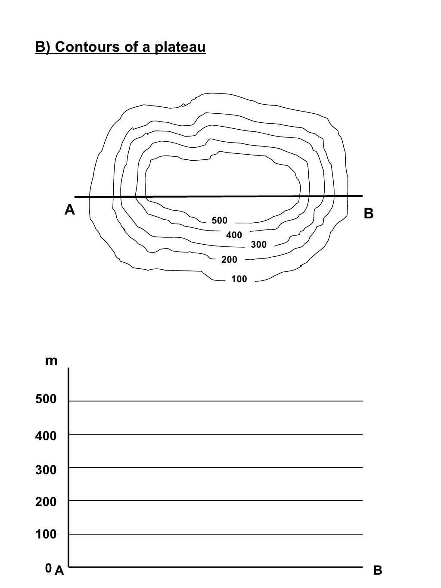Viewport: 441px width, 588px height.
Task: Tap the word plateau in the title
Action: [x=180, y=47]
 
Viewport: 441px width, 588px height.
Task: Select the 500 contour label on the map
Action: [x=219, y=221]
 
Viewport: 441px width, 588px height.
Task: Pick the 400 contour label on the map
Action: [x=234, y=235]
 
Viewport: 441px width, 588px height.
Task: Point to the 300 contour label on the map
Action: [x=258, y=245]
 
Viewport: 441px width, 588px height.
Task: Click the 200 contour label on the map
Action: [x=229, y=260]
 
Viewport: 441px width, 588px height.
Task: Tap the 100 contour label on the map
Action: [x=239, y=279]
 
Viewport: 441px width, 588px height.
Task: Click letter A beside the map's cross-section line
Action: [x=69, y=210]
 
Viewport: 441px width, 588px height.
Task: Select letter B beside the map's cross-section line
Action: [x=369, y=214]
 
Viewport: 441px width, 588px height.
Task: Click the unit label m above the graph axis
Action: [x=51, y=361]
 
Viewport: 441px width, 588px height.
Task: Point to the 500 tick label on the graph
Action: [x=46, y=399]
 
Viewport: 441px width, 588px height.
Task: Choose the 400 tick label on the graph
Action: [x=46, y=436]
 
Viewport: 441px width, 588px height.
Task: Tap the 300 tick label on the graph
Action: [x=46, y=470]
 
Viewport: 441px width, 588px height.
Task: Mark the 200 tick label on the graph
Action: [x=46, y=502]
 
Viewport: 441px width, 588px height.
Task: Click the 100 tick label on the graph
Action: [x=46, y=535]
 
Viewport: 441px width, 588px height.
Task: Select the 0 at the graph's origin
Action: [x=48, y=568]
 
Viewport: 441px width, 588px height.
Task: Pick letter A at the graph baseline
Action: [x=59, y=571]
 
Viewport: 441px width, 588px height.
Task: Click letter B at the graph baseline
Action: [x=378, y=571]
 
